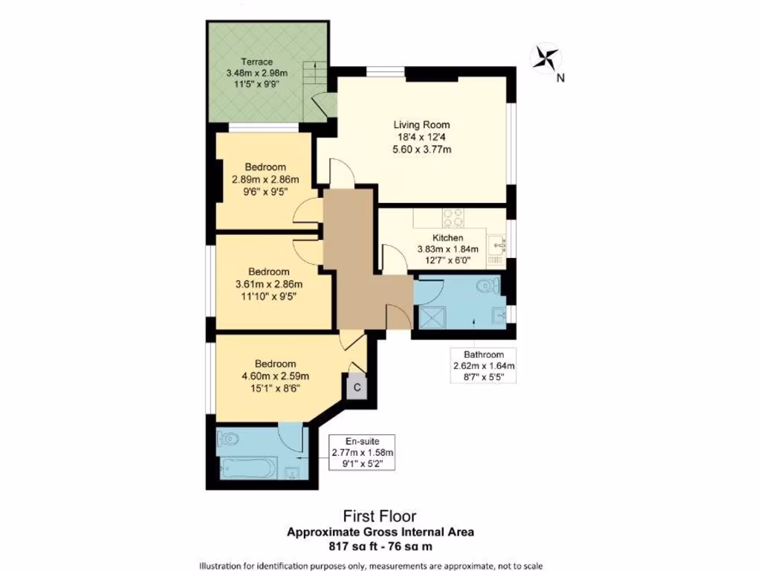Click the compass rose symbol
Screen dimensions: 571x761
pyautogui.click(x=546, y=58)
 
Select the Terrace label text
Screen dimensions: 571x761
pyautogui.click(x=256, y=62)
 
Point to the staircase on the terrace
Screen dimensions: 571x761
pyautogui.click(x=315, y=75)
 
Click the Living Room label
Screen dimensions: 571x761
pyautogui.click(x=421, y=125)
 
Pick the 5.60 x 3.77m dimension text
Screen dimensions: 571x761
pyautogui.click(x=421, y=149)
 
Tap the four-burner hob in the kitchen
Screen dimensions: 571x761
pyautogui.click(x=454, y=219)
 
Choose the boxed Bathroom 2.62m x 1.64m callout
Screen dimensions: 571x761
pyautogui.click(x=484, y=365)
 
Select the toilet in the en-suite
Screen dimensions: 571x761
pyautogui.click(x=229, y=439)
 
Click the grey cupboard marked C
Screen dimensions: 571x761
pyautogui.click(x=356, y=387)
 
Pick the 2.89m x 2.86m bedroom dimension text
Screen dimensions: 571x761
pyautogui.click(x=265, y=179)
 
